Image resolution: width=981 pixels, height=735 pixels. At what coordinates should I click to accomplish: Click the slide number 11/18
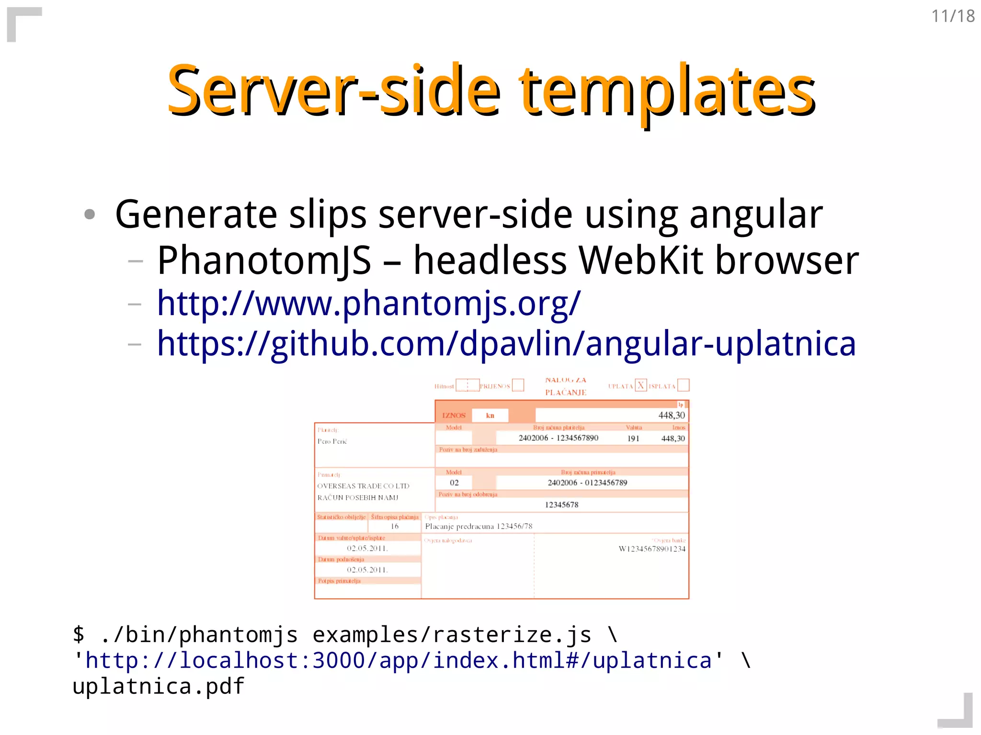pyautogui.click(x=953, y=16)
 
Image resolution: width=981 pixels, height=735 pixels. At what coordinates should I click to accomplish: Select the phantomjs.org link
pyautogui.click(x=368, y=303)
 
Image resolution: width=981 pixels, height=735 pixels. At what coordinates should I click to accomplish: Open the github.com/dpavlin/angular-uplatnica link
pyautogui.click(x=506, y=344)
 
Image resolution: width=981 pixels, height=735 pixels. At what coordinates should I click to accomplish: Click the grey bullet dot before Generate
pyautogui.click(x=90, y=214)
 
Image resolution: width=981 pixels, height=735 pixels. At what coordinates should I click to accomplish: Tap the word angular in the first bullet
pyautogui.click(x=755, y=215)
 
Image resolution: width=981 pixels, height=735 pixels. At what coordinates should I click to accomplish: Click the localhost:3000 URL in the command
pyautogui.click(x=398, y=660)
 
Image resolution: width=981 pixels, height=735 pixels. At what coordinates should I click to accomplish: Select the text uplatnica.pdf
pyautogui.click(x=158, y=686)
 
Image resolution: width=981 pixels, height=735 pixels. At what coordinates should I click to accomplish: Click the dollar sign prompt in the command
pyautogui.click(x=79, y=634)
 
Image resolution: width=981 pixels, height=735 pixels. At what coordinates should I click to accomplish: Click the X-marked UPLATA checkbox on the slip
pyautogui.click(x=640, y=385)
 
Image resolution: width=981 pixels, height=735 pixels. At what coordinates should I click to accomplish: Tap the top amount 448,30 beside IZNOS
pyautogui.click(x=671, y=415)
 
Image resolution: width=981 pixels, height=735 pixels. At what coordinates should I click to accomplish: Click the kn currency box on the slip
pyautogui.click(x=490, y=415)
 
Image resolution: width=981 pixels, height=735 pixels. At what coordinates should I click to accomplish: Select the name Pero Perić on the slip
pyautogui.click(x=332, y=441)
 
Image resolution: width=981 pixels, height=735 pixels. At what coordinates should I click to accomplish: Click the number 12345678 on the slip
pyautogui.click(x=561, y=505)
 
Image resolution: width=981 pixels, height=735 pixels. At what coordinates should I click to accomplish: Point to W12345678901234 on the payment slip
pyautogui.click(x=651, y=549)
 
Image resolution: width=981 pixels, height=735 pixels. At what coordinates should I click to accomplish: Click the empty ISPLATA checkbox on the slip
pyautogui.click(x=683, y=385)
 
